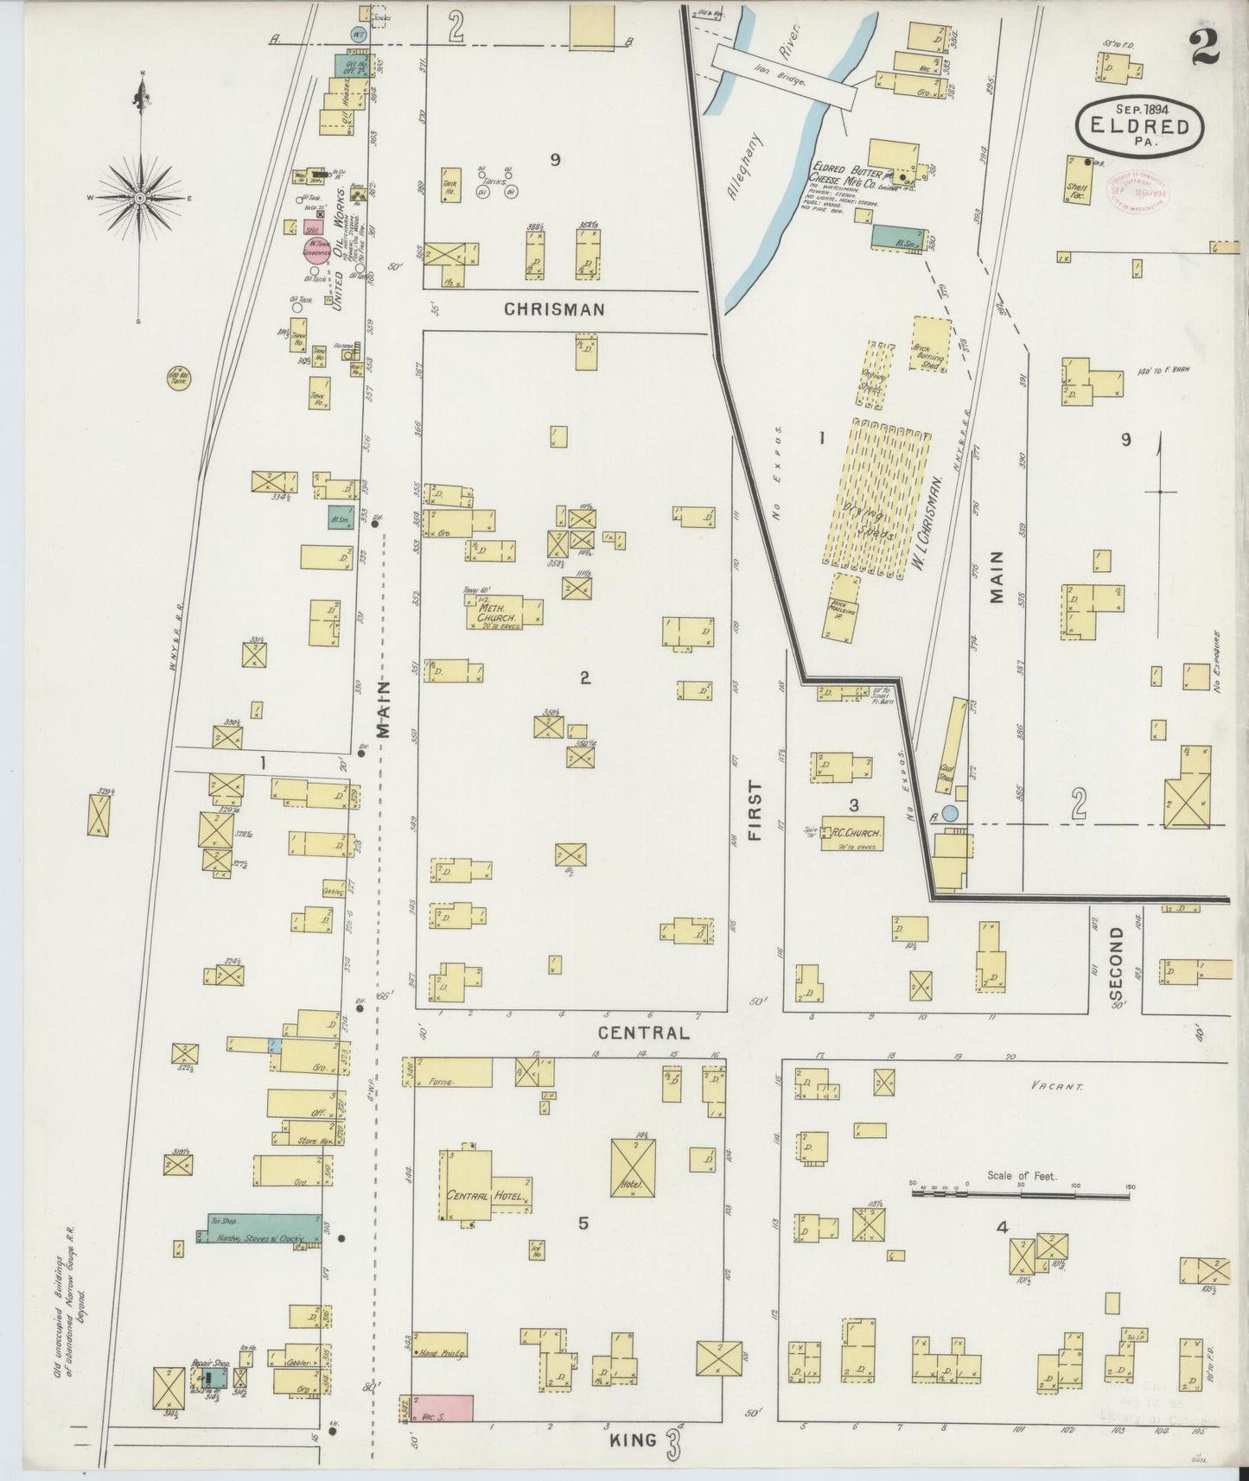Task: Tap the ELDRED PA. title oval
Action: coord(1138,126)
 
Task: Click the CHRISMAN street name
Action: coord(554,308)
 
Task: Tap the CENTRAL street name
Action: coord(645,1033)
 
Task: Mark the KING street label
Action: coord(633,1440)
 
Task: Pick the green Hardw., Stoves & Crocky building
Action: coord(259,1229)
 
